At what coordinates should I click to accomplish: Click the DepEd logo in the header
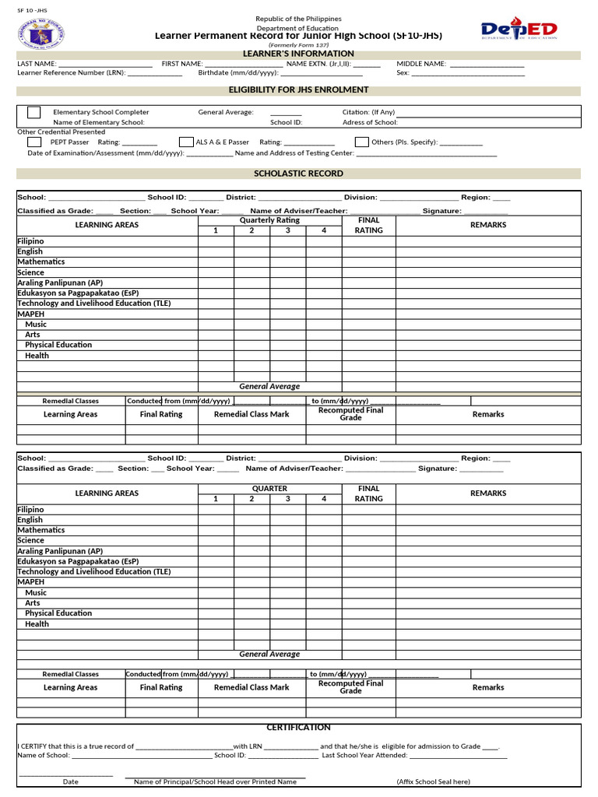click(519, 30)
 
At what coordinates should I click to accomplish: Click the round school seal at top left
click(40, 33)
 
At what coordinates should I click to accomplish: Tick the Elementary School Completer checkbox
click(34, 112)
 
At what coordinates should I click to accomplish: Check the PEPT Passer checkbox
click(34, 142)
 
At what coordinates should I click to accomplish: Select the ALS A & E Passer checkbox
click(185, 142)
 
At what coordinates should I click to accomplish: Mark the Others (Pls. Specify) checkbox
click(361, 142)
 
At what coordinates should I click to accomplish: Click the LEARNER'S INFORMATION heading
click(298, 54)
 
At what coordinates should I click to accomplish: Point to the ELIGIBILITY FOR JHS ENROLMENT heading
click(298, 90)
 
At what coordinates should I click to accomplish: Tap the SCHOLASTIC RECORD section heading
click(298, 174)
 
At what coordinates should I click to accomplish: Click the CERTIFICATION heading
click(298, 728)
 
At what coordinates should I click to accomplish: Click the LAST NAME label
click(36, 64)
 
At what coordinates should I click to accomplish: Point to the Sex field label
click(403, 73)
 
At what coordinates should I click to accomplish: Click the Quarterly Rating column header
click(269, 220)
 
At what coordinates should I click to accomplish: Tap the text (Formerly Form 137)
click(298, 45)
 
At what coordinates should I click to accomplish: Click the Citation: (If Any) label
click(368, 112)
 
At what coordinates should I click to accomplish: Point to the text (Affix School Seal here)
click(433, 781)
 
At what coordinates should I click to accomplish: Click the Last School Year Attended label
click(364, 755)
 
